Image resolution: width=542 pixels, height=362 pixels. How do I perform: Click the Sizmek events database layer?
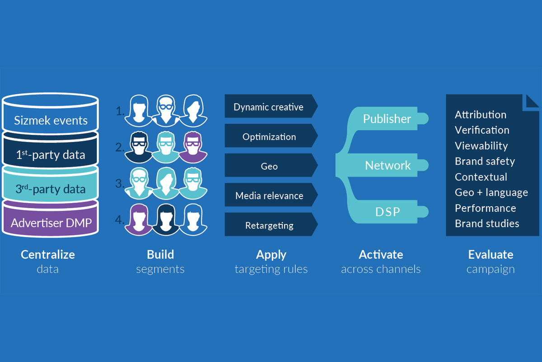(51, 120)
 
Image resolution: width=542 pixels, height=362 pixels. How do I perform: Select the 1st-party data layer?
(51, 155)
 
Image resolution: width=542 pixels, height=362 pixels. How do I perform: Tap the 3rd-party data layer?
(51, 189)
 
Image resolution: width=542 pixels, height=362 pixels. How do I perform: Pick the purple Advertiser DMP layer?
(51, 223)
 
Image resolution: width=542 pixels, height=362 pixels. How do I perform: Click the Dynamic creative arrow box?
(269, 107)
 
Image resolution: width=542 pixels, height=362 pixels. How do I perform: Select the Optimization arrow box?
(269, 137)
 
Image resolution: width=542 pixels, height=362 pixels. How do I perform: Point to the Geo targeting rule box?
(269, 166)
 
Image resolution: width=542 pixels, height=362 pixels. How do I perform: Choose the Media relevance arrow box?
(269, 196)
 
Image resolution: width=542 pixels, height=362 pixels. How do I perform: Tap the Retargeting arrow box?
(269, 225)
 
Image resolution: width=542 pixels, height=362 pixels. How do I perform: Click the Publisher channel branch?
(388, 119)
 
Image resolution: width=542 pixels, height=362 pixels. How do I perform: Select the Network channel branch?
(388, 166)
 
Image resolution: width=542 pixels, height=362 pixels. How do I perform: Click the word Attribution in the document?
(481, 114)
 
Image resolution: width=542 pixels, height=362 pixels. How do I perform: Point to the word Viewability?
(481, 146)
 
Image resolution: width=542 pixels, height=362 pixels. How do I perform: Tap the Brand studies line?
(487, 224)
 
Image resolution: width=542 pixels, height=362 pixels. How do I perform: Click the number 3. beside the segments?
(120, 184)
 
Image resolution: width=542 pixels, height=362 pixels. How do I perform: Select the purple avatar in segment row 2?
(192, 147)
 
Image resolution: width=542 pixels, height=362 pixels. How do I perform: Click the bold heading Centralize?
(48, 254)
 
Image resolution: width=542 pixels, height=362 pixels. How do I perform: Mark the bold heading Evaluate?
(491, 254)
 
